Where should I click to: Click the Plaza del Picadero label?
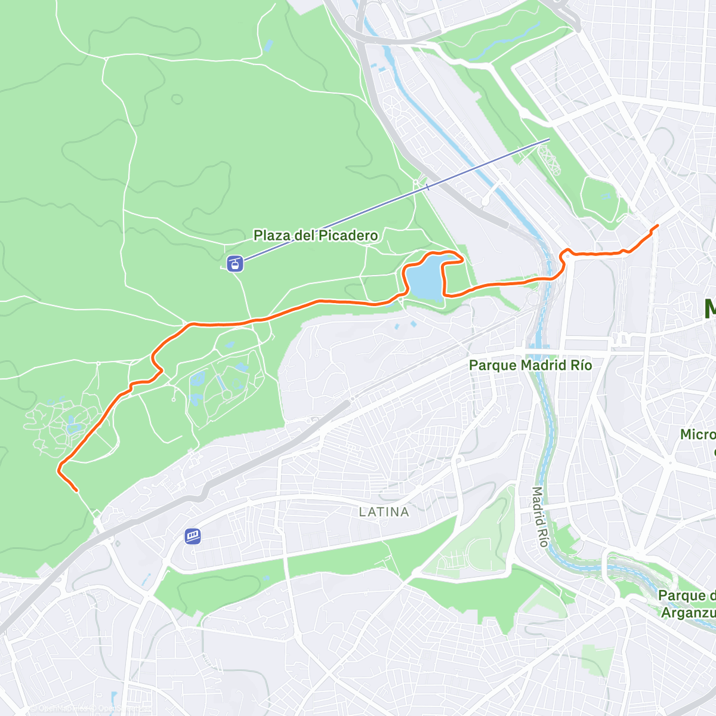(316, 235)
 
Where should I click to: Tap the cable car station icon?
(236, 263)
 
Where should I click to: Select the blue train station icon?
(193, 536)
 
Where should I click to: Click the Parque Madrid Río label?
(530, 365)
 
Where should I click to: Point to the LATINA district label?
(384, 512)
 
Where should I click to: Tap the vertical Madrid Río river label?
(539, 517)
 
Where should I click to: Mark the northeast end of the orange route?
(657, 226)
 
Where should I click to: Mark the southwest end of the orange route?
(76, 490)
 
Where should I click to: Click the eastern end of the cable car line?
(548, 139)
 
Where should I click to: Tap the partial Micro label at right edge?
(698, 434)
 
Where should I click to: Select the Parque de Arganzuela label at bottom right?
(686, 604)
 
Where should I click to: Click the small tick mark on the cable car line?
(427, 187)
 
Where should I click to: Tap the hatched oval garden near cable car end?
(550, 159)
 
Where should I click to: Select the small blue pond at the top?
(268, 45)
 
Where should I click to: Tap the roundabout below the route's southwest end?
(97, 521)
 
